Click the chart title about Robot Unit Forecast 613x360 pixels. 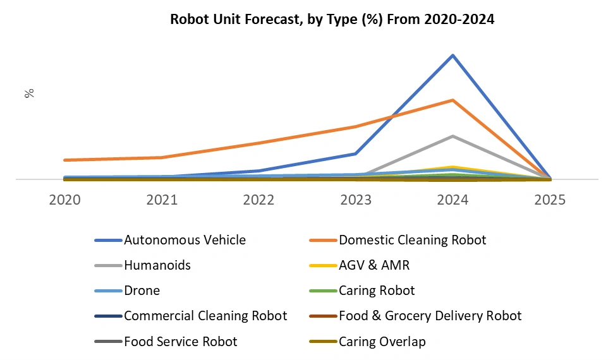tap(332, 20)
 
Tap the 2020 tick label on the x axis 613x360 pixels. tap(64, 200)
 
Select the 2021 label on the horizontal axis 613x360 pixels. tap(162, 200)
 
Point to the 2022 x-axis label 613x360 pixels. tap(258, 200)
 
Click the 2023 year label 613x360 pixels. tap(356, 200)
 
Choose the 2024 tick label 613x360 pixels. tap(452, 200)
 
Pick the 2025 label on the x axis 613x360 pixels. tap(550, 200)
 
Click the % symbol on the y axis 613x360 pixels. tap(29, 93)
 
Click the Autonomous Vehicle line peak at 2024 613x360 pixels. tap(452, 56)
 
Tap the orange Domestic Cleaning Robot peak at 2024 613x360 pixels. tap(452, 100)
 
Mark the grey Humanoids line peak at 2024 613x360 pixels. tap(452, 136)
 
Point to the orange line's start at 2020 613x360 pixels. tap(65, 160)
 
